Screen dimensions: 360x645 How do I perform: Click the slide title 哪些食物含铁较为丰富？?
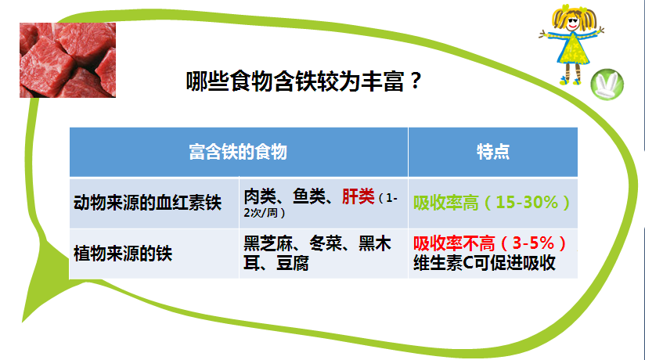305,81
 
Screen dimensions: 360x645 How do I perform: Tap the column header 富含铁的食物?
238,152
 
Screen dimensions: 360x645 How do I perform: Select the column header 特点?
492,152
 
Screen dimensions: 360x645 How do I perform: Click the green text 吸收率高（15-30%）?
492,202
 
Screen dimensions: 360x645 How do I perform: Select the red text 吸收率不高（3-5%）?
491,242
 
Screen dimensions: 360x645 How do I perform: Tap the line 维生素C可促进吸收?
484,262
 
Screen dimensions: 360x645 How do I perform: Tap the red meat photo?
67,60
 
